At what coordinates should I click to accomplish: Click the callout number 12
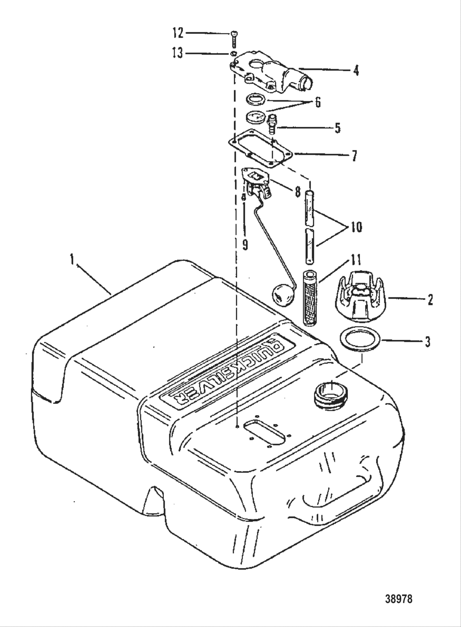(178, 33)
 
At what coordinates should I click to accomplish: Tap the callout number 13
(178, 54)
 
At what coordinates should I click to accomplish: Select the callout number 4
(356, 70)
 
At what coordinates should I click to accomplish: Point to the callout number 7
(354, 156)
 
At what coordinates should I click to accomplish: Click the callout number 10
(356, 227)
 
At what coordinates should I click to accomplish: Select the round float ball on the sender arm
(281, 294)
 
